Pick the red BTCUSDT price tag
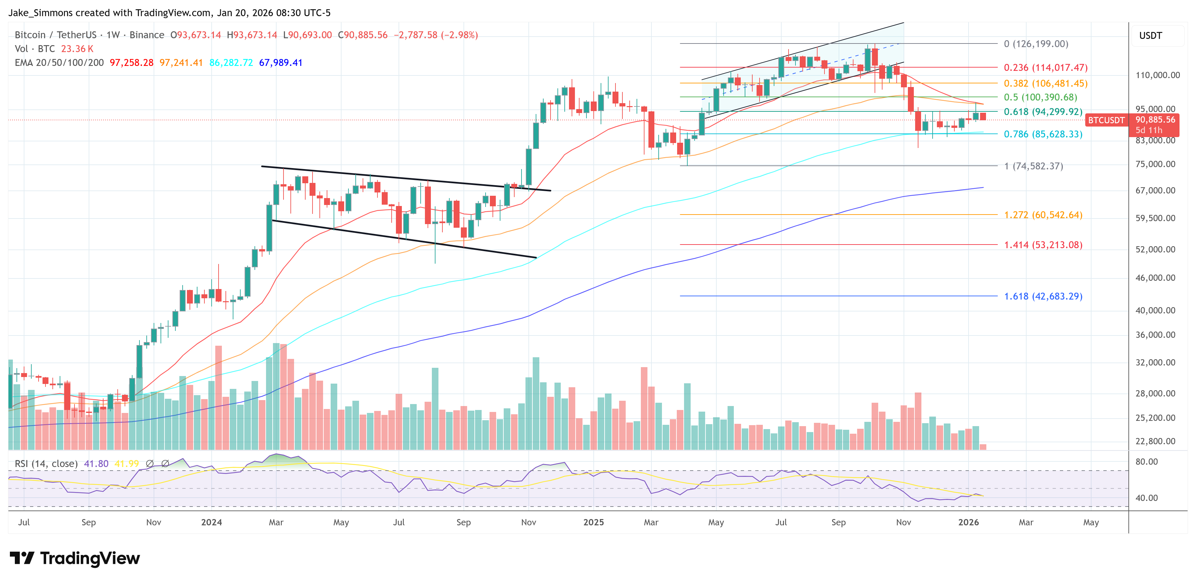tap(1106, 120)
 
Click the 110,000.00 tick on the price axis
tap(1157, 75)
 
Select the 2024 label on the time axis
tap(211, 522)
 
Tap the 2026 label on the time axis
tap(969, 522)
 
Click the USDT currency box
tap(1151, 36)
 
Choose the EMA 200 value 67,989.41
tap(281, 63)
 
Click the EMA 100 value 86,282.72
tap(231, 63)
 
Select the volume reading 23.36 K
tap(77, 49)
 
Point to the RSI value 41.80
tap(96, 464)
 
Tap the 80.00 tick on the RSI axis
tap(1146, 462)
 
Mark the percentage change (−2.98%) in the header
tap(460, 35)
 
